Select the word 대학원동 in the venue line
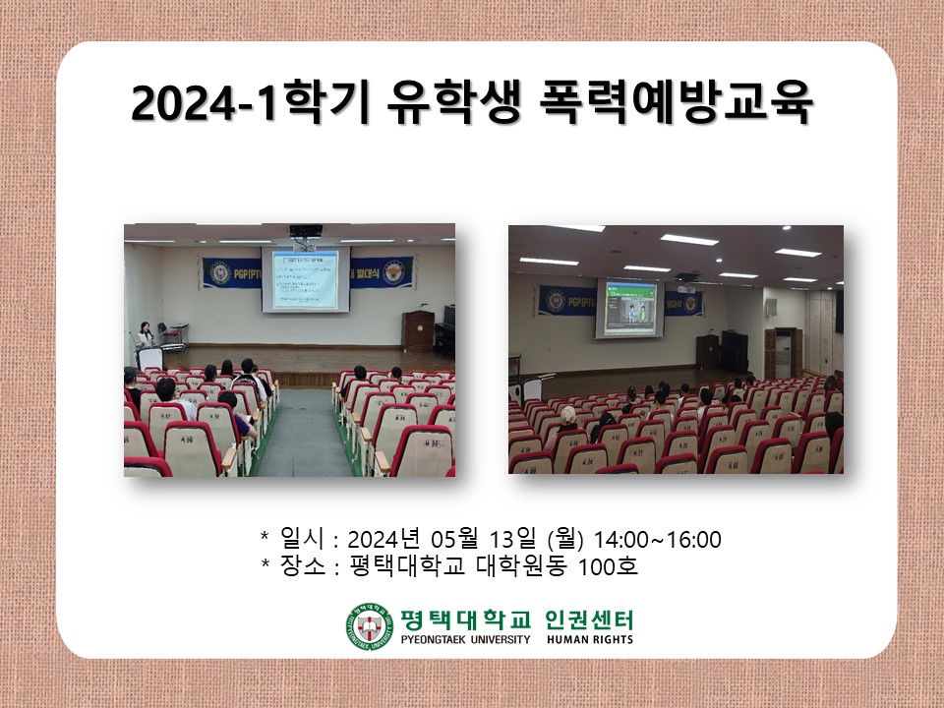pos(522,567)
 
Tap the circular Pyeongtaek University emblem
pos(369,626)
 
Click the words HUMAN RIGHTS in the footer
pos(590,639)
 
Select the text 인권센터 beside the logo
pos(589,619)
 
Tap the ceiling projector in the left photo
pos(305,232)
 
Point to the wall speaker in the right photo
pos(839,311)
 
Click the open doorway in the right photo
pos(785,351)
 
